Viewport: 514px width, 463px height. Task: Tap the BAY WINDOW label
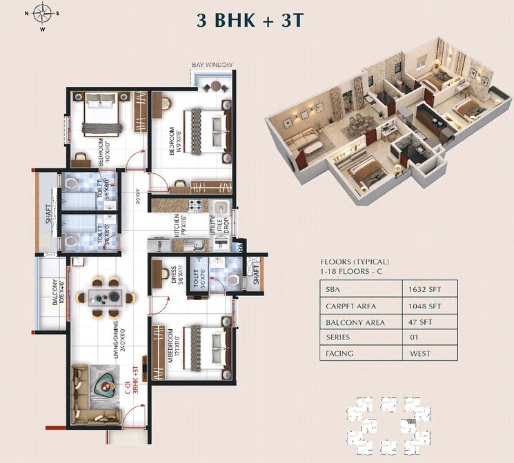point(212,65)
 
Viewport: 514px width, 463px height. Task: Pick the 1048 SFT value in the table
point(428,306)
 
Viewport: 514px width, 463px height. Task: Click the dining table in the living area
point(106,297)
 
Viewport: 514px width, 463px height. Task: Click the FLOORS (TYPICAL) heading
point(355,262)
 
